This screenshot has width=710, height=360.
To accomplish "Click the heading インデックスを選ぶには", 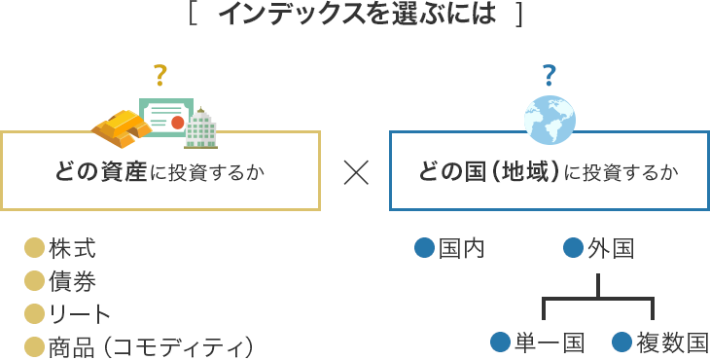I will click(356, 16).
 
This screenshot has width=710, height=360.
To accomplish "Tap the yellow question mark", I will click(160, 74).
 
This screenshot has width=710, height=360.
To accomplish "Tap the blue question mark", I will click(550, 74).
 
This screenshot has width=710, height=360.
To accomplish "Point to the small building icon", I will click(201, 128).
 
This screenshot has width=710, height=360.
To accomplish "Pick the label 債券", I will click(72, 282).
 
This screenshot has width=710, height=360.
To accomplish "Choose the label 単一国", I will click(550, 342).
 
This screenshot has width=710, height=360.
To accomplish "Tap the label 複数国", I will click(671, 342).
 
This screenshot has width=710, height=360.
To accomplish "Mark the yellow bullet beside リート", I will click(35, 314).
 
